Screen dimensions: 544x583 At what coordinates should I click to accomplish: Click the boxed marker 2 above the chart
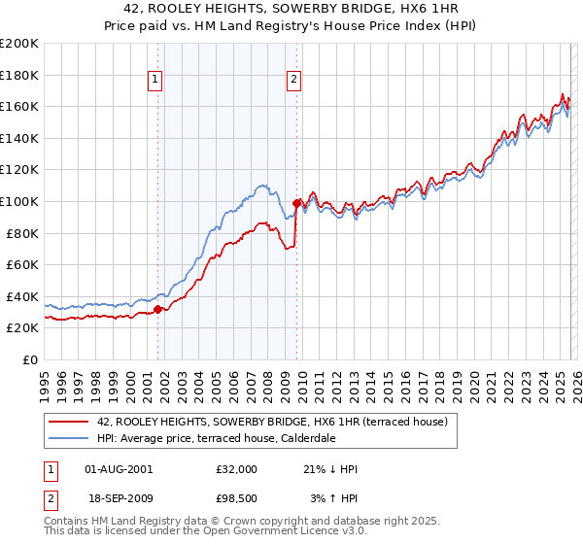pyautogui.click(x=293, y=81)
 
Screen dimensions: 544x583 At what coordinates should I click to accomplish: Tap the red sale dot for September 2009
pyautogui.click(x=296, y=203)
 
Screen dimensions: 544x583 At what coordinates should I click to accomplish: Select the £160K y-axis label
pyautogui.click(x=19, y=106)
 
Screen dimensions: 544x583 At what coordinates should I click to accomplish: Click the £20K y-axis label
pyautogui.click(x=23, y=328)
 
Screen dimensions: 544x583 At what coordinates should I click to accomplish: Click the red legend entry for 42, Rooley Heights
pyautogui.click(x=272, y=422)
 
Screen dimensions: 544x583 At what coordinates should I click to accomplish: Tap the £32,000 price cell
pyautogui.click(x=236, y=469)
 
